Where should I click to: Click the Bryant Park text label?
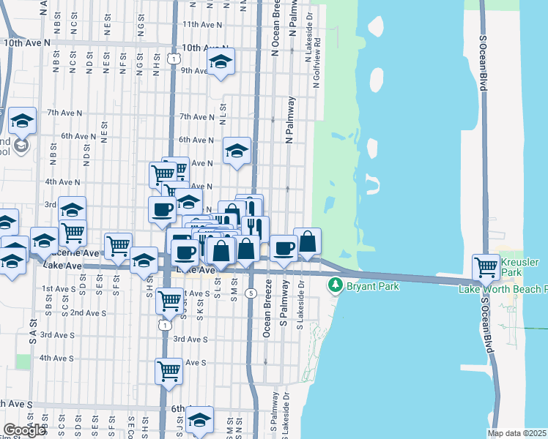click(373, 286)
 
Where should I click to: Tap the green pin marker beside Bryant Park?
click(336, 285)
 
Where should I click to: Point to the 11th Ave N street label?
click(202, 24)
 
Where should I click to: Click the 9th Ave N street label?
click(196, 71)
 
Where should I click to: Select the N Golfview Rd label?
click(317, 65)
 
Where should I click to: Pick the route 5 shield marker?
click(251, 293)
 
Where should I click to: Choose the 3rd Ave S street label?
click(190, 339)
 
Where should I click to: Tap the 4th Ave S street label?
click(56, 358)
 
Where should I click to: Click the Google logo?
click(24, 430)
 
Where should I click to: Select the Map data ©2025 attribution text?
click(517, 433)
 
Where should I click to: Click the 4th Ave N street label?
click(62, 181)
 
